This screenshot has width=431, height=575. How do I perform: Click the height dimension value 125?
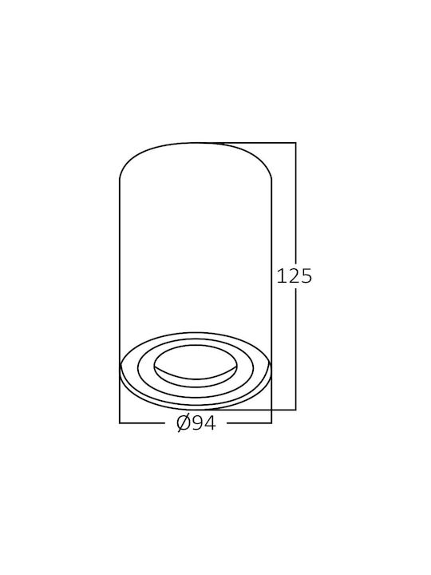(294, 276)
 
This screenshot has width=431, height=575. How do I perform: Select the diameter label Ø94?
(196, 423)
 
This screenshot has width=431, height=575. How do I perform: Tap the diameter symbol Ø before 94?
(184, 423)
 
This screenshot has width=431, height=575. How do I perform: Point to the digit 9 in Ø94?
(198, 423)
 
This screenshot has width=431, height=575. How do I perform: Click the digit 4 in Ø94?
(211, 423)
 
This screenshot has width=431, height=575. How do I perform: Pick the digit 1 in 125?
(281, 276)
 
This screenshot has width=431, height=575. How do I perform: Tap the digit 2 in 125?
(293, 276)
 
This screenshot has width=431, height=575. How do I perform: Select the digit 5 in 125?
(306, 276)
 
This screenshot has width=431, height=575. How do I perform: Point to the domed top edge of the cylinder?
(196, 143)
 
